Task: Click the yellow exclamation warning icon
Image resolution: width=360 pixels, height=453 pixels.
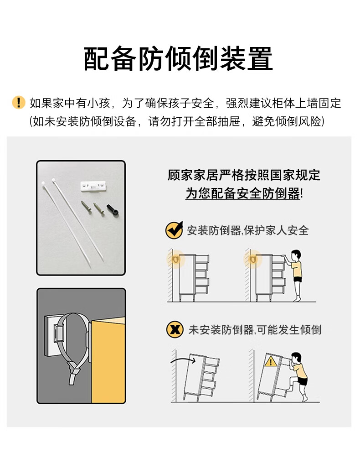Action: click(x=19, y=103)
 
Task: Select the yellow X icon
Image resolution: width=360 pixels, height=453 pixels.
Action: click(x=175, y=329)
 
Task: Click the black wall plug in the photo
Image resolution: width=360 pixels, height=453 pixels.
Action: click(x=113, y=210)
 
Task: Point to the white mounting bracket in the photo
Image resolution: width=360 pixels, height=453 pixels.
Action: click(x=93, y=186)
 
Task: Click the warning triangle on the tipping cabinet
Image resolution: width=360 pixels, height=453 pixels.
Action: click(x=271, y=361)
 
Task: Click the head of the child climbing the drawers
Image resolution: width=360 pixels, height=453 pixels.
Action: click(x=296, y=358)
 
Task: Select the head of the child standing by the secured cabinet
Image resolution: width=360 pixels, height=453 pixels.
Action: click(x=296, y=255)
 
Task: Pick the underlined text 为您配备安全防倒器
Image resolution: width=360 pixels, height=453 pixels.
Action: click(x=242, y=193)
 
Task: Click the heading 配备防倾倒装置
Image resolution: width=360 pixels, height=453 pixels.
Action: click(x=178, y=59)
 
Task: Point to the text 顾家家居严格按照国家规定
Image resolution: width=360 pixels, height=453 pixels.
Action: click(x=244, y=175)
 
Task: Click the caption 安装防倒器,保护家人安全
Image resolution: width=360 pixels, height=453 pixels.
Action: click(x=248, y=230)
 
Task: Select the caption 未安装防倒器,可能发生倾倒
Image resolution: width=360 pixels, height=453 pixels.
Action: click(x=255, y=330)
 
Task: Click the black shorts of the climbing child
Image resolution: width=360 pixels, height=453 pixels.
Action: click(x=302, y=381)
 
